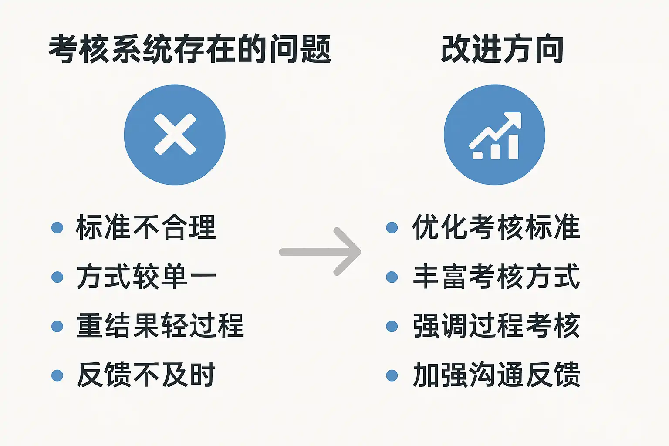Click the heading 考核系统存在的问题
[189, 49]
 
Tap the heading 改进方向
[502, 49]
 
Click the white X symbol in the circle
[175, 135]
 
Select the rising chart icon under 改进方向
[495, 135]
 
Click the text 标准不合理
[145, 227]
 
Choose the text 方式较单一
[145, 277]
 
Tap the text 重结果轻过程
[159, 326]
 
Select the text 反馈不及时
[145, 375]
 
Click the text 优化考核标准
[496, 227]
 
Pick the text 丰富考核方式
[496, 277]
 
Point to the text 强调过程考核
[496, 326]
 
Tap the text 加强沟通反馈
[496, 375]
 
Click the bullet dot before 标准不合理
[57, 227]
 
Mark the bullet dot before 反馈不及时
[57, 375]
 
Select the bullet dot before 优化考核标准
[392, 227]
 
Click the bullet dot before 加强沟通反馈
[392, 375]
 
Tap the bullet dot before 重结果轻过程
[57, 326]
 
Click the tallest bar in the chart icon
[513, 147]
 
